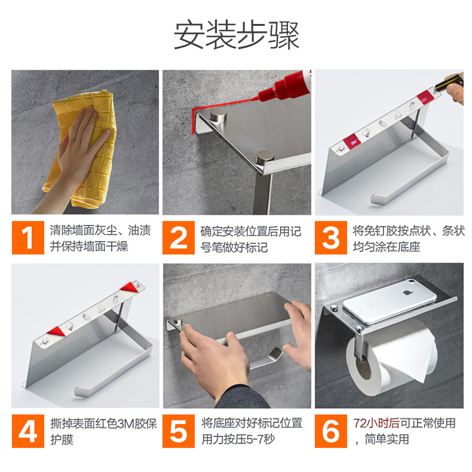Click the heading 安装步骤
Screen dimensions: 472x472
[237, 35]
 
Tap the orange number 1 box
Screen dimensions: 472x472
[28, 238]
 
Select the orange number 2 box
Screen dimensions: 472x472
[179, 238]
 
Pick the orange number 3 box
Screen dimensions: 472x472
[331, 238]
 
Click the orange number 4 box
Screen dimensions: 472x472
[28, 431]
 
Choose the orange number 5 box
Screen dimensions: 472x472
[179, 431]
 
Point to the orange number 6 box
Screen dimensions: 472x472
[331, 431]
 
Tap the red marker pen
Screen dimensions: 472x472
[284, 86]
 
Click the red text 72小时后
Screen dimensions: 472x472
[376, 423]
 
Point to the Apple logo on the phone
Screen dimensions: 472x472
[407, 292]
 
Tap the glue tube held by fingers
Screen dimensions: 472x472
[450, 82]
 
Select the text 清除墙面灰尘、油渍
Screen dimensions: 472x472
[100, 231]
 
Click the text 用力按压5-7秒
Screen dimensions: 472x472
[238, 440]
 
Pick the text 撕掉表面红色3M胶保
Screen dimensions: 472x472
[104, 424]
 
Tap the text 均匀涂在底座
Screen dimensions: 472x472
[386, 247]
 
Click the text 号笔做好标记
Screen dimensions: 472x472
[234, 247]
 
